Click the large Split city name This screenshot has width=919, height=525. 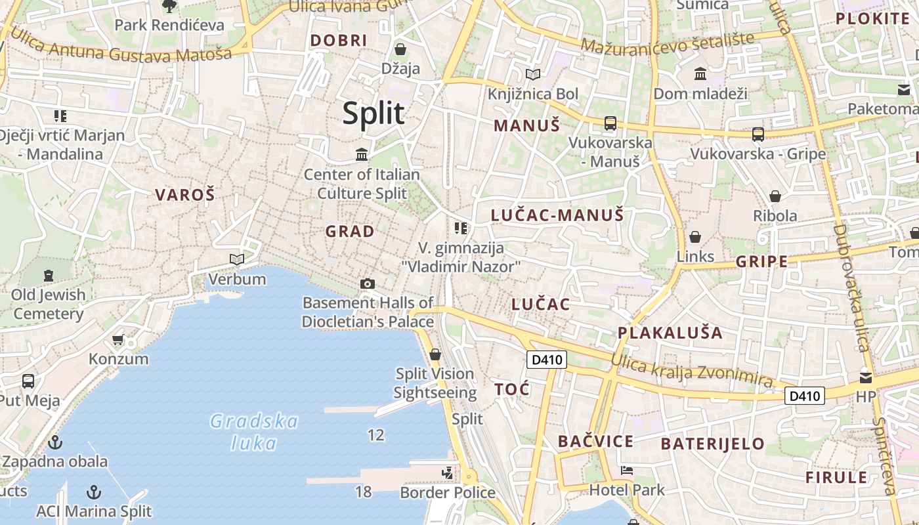click(373, 114)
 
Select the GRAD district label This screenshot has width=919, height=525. click(350, 231)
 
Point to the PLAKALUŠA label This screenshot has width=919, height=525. click(670, 333)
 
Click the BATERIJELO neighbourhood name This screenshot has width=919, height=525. click(712, 444)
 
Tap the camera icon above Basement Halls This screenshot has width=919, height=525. click(368, 283)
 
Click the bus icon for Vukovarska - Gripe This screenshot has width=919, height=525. click(758, 135)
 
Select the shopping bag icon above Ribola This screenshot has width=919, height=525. click(775, 196)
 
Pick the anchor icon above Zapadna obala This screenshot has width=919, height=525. click(55, 442)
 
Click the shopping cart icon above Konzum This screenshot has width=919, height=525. click(118, 340)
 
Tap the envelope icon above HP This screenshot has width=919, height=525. click(866, 377)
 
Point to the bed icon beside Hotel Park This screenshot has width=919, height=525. click(627, 471)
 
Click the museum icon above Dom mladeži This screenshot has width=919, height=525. click(700, 73)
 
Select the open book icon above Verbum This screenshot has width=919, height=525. click(237, 260)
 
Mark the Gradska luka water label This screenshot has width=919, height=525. click(254, 432)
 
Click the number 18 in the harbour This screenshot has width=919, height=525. click(363, 491)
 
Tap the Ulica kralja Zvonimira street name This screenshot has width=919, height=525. click(692, 369)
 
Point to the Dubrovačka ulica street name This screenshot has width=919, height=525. click(851, 289)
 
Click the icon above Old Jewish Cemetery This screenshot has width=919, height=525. click(49, 275)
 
